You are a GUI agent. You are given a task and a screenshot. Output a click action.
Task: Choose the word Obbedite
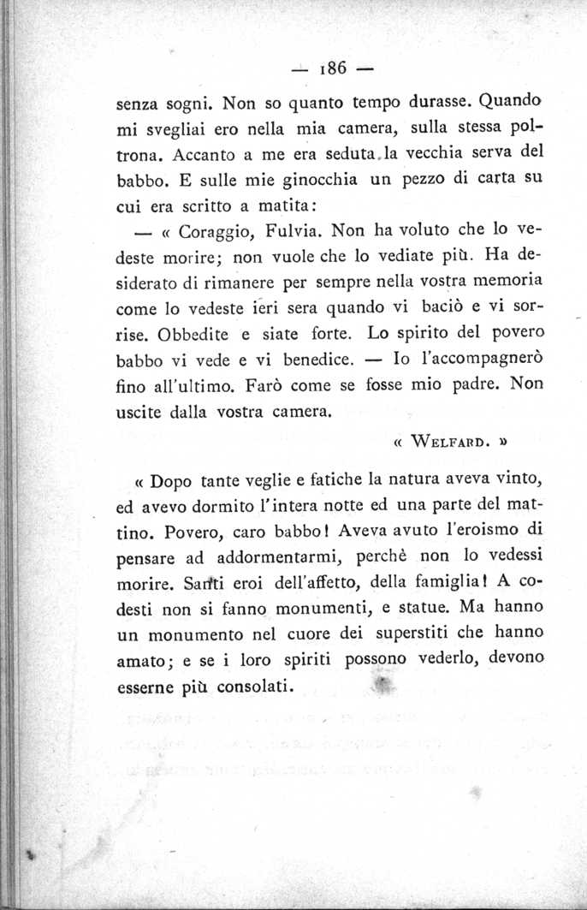pyautogui.click(x=202, y=331)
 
